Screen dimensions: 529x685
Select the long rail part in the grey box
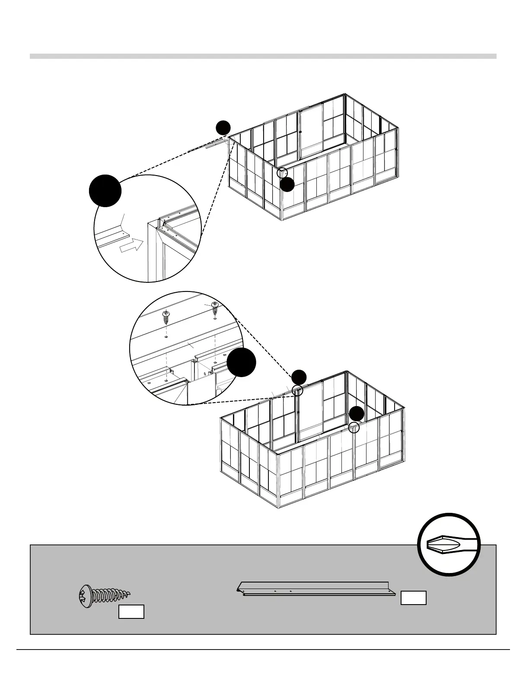coord(315,589)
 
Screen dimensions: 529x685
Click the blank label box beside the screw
coord(131,612)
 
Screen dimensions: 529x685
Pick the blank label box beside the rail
coord(414,597)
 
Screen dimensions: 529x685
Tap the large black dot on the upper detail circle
coord(105,191)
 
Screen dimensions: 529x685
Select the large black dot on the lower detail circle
coord(242,362)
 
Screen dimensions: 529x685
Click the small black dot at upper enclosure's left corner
coord(223,128)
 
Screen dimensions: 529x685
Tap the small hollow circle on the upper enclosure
coord(282,172)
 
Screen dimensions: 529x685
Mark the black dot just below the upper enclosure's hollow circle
coord(287,185)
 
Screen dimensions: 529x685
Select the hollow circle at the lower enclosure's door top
coord(298,391)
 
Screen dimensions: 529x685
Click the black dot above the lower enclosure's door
coord(299,377)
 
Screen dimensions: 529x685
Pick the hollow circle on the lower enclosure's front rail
coord(354,428)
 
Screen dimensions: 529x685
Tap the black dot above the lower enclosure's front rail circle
coord(357,414)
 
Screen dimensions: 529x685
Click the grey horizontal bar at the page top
coord(263,56)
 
